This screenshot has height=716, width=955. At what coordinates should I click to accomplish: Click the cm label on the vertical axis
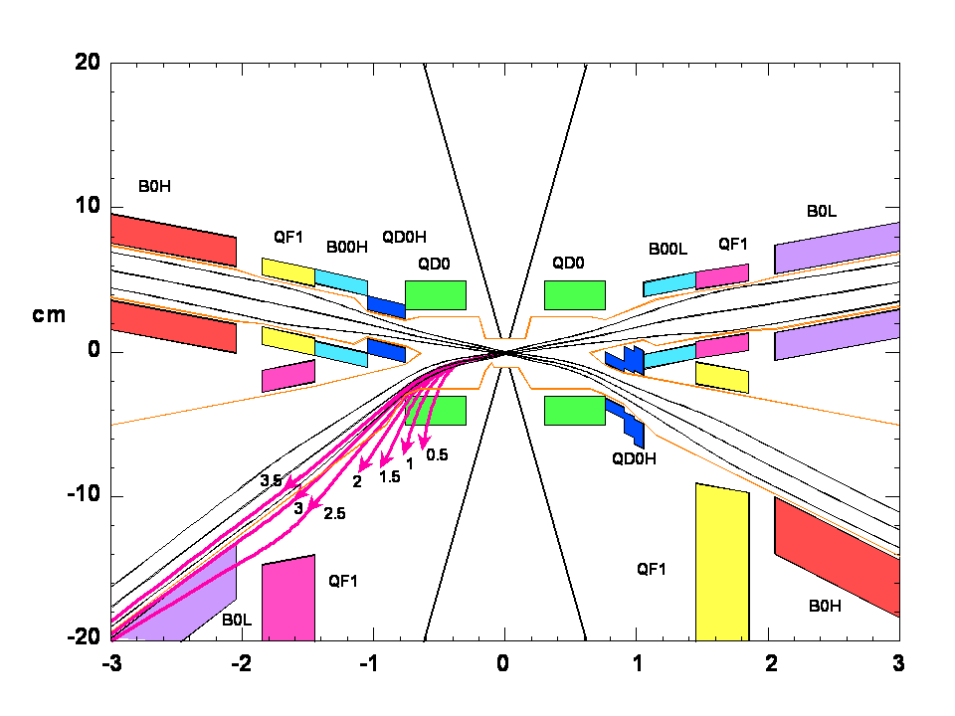point(50,316)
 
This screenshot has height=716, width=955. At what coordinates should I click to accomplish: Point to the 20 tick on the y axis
point(87,63)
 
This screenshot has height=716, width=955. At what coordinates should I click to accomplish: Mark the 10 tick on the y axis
point(87,207)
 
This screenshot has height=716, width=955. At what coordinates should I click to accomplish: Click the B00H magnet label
point(347,248)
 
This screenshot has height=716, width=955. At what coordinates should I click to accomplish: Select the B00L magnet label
point(668,250)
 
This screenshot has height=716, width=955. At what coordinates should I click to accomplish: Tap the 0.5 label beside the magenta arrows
point(437,455)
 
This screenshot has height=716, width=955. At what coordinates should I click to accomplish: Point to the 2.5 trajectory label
point(335,513)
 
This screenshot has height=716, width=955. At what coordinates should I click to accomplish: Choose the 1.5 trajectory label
point(390,476)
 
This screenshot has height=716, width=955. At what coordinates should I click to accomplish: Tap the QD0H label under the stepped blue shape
point(635,458)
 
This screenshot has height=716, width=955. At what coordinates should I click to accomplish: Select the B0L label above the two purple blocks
point(822,211)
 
